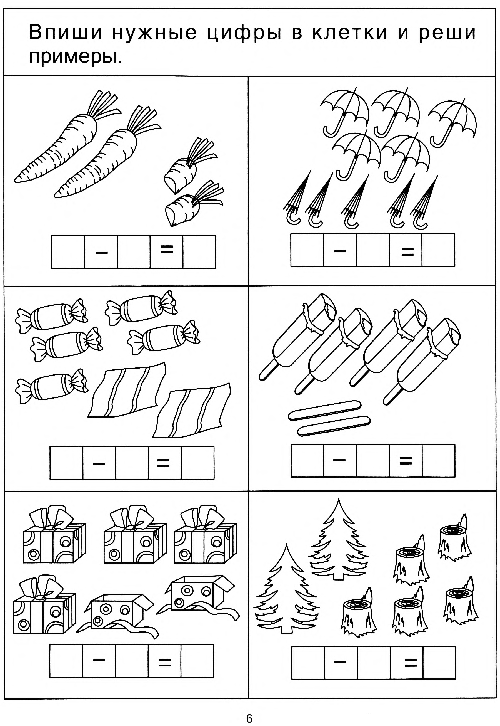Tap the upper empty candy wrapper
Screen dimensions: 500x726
click(x=127, y=391)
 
